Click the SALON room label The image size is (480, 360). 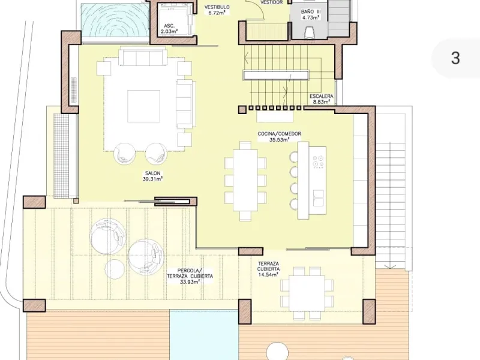point(153,173)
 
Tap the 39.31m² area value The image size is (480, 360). point(152,179)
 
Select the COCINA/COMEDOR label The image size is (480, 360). point(279,134)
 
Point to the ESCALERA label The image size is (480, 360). point(321,96)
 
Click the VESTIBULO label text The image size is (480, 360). point(217,7)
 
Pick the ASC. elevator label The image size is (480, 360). point(169,26)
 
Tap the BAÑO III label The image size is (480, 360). point(311,11)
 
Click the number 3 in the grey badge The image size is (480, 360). point(455,58)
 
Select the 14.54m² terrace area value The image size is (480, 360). point(268,275)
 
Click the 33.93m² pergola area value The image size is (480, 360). point(190,281)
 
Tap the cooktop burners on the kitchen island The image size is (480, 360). point(317,161)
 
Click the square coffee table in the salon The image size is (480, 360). point(143,106)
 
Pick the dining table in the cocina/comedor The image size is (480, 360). point(245,181)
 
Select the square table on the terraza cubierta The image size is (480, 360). point(307,293)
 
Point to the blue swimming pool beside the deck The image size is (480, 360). point(204,335)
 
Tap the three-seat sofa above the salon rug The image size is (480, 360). point(143,56)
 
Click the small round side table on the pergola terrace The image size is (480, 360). point(115,268)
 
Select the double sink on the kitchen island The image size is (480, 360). point(318,198)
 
